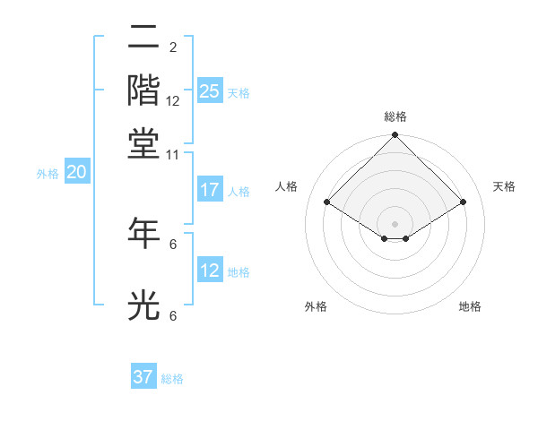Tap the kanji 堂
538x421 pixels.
click(143, 142)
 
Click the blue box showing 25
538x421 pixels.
click(209, 91)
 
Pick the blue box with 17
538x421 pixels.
click(209, 190)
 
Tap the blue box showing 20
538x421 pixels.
click(76, 173)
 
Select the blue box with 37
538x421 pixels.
click(143, 377)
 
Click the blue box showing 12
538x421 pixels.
click(209, 271)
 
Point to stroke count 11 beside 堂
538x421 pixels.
click(173, 154)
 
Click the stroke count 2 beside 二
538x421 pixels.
click(173, 47)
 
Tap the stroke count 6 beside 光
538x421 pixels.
click(173, 315)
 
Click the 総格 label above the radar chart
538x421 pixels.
click(395, 116)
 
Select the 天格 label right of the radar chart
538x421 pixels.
click(504, 186)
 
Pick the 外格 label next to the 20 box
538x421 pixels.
click(48, 174)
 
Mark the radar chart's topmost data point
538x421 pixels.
click(395, 136)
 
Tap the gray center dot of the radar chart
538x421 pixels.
click(395, 223)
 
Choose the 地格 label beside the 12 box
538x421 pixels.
click(239, 271)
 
